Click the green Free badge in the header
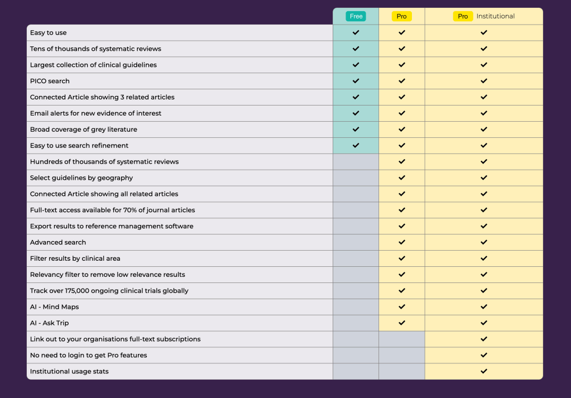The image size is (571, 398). click(356, 16)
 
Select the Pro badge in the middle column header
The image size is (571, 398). click(402, 16)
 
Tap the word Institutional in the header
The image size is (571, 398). click(495, 16)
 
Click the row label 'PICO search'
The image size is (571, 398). click(50, 81)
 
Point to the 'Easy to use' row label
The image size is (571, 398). click(48, 32)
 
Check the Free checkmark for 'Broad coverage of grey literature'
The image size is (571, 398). click(356, 129)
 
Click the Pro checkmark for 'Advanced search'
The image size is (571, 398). click(402, 242)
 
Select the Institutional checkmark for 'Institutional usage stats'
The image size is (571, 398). click(484, 371)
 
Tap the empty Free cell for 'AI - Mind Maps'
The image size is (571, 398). click(356, 306)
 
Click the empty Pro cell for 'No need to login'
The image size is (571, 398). click(402, 355)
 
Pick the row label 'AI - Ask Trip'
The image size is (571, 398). click(49, 323)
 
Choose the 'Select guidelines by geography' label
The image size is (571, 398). click(81, 178)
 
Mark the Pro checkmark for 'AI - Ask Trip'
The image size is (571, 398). click(402, 323)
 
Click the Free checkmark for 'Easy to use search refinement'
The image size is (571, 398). click(356, 145)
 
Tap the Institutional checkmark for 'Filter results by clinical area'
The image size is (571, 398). click(484, 258)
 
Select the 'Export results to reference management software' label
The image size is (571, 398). click(112, 226)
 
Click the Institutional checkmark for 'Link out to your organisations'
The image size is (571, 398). click(484, 339)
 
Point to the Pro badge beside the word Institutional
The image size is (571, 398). click(463, 16)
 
